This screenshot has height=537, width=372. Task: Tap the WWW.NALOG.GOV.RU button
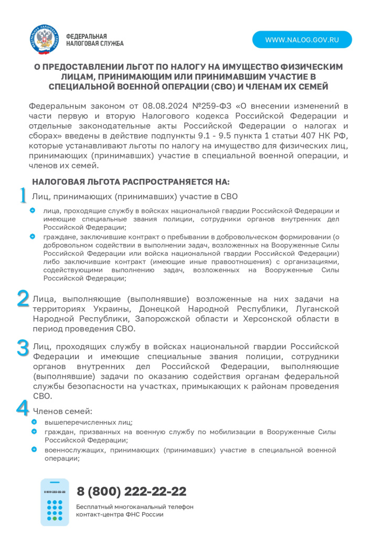tap(302, 40)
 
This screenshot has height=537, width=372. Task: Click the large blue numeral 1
tap(23, 195)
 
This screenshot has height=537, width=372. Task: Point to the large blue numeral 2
tap(23, 298)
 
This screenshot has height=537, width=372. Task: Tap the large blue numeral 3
tap(23, 348)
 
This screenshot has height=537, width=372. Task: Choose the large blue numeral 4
tap(23, 407)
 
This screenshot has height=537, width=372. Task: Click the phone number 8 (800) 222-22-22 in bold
tap(131, 491)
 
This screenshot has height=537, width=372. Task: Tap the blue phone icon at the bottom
tap(55, 502)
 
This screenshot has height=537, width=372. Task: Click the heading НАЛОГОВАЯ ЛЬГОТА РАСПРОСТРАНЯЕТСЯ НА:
tap(131, 182)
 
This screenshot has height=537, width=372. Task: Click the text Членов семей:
tap(63, 411)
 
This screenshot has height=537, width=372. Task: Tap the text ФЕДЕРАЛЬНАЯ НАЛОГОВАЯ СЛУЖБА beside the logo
tap(94, 40)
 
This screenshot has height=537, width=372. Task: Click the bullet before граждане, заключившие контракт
tap(33, 236)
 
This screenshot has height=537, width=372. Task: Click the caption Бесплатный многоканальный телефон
tap(135, 507)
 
